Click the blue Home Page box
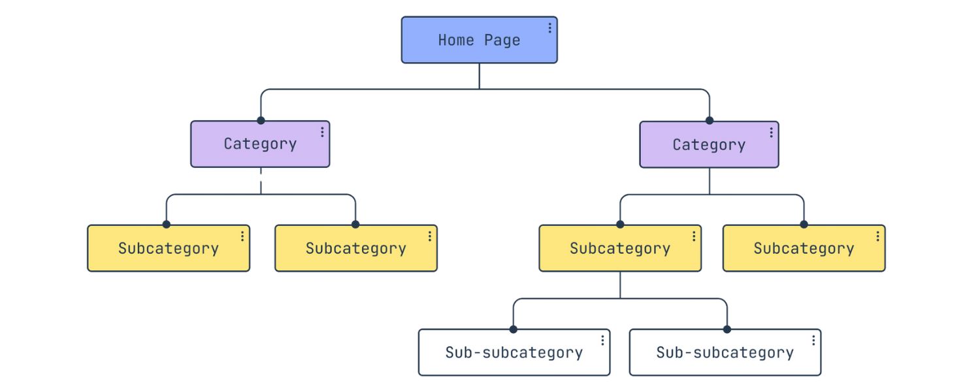(x=479, y=40)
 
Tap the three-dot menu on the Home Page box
(x=549, y=27)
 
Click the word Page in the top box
(x=502, y=41)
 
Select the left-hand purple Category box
(x=260, y=144)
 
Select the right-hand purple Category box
(x=709, y=144)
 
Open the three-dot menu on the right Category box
(x=771, y=133)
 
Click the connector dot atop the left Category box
(x=261, y=120)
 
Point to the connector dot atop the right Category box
(x=710, y=120)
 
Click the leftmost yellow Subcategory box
(x=169, y=248)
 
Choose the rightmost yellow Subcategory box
(x=804, y=248)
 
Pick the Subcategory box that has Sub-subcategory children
(x=619, y=248)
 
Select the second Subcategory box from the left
(x=355, y=248)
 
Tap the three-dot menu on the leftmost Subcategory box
(x=242, y=236)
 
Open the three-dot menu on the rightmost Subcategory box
(x=877, y=236)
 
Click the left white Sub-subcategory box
(x=514, y=352)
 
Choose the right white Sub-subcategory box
(x=725, y=352)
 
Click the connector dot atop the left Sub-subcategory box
(x=514, y=329)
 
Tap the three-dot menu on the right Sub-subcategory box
(x=813, y=340)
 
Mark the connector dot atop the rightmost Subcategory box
(x=804, y=224)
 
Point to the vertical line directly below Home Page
(x=480, y=76)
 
